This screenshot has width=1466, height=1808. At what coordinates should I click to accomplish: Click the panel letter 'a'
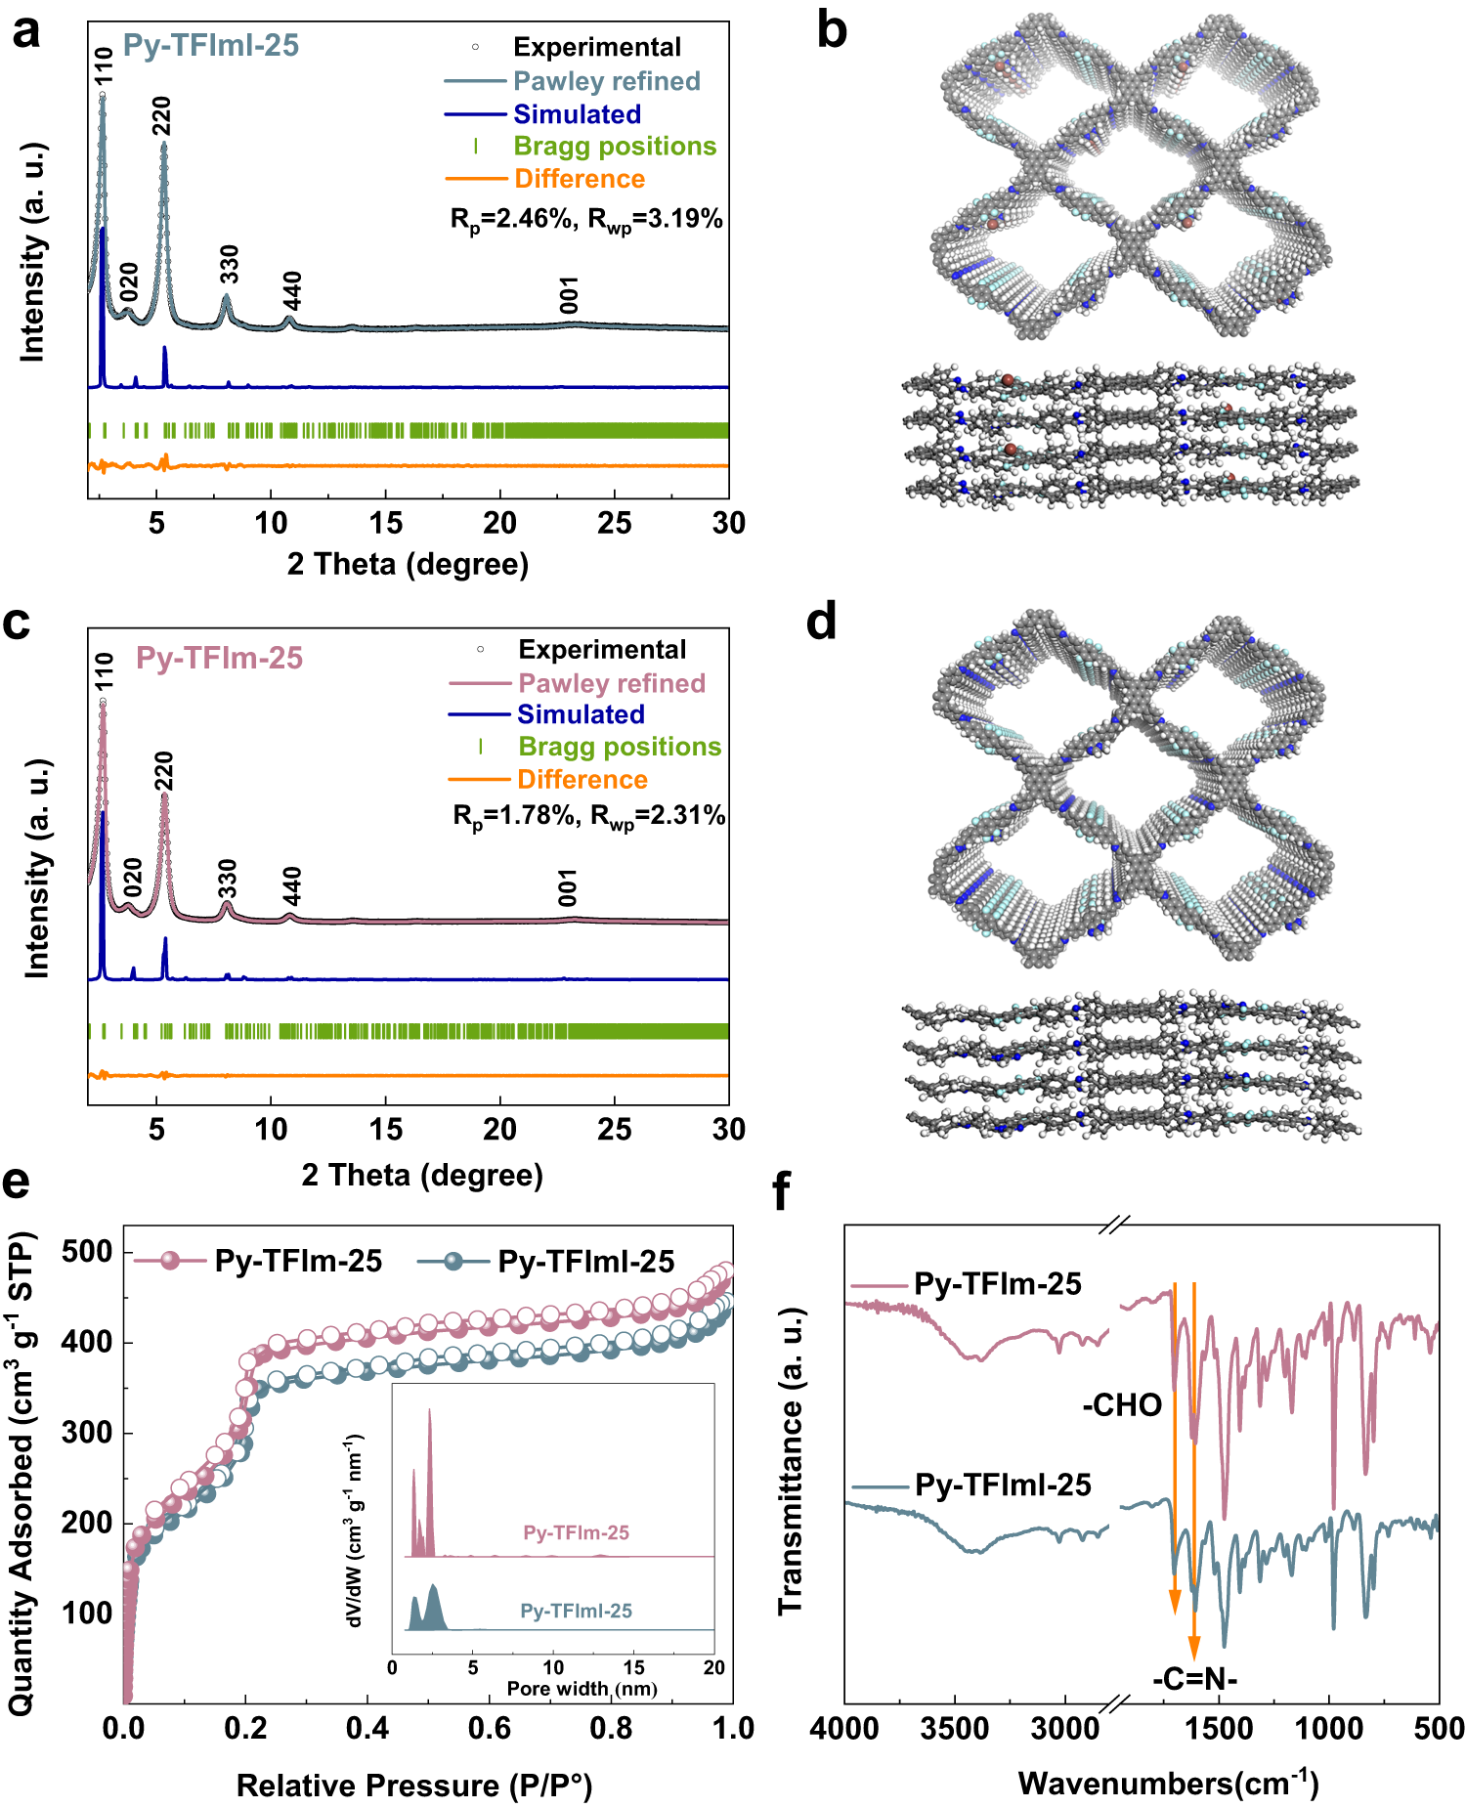coord(26,31)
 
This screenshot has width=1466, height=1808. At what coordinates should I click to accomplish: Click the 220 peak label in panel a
coord(161,116)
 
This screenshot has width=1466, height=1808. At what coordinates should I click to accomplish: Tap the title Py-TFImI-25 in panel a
coord(210,46)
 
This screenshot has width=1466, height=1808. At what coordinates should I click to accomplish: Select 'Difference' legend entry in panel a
coord(579,179)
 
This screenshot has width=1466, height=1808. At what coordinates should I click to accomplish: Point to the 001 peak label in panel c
coord(569,887)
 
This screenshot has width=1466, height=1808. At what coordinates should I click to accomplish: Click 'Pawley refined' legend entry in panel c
coord(611,683)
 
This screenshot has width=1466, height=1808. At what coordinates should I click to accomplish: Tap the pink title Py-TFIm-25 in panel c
coord(219,658)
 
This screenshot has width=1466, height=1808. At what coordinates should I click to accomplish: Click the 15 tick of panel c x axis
coord(385,1130)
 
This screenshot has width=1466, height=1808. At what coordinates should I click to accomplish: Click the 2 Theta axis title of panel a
coord(408,564)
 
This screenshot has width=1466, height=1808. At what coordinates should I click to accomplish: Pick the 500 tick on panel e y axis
coord(87,1252)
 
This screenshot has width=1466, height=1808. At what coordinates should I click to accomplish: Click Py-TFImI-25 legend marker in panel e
coord(453,1261)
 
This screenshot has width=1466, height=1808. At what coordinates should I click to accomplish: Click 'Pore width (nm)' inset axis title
coord(582,1689)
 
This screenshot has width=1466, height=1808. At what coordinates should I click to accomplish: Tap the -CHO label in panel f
coord(1121,1405)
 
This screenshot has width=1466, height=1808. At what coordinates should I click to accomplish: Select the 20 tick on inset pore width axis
coord(713,1667)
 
